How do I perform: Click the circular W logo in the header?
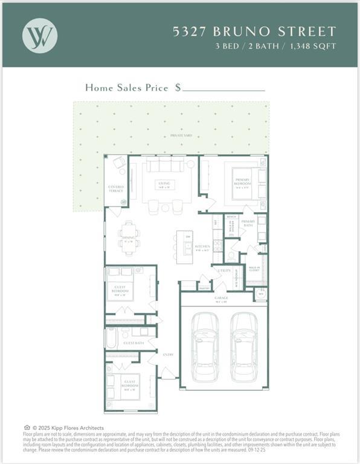(x=40, y=34)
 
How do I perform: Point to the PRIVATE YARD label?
(x=181, y=135)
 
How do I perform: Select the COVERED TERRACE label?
(x=116, y=189)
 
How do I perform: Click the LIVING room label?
(x=164, y=184)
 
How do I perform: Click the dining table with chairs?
(x=129, y=237)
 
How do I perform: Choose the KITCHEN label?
(x=202, y=247)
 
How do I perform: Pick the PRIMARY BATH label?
(x=248, y=222)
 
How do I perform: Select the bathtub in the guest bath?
(x=111, y=338)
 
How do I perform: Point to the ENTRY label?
(x=168, y=355)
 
